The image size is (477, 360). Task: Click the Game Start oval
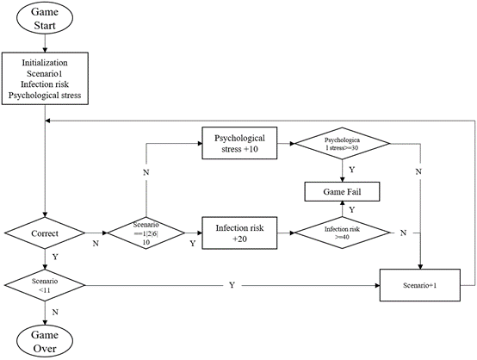[x=45, y=18]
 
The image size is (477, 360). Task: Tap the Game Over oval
[x=45, y=341]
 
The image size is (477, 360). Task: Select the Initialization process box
[x=45, y=78]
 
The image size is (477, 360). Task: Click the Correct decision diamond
[x=45, y=233]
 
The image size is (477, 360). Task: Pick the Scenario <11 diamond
[x=45, y=285]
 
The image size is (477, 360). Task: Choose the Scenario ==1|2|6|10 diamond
[x=146, y=233]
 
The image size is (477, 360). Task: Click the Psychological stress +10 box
[x=239, y=143]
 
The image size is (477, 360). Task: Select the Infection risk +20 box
[x=239, y=233]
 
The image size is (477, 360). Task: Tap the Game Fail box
[x=342, y=192]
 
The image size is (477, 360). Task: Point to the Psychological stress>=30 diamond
[x=342, y=143]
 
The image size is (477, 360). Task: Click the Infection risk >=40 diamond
[x=342, y=233]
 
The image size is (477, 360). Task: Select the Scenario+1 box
[x=420, y=285]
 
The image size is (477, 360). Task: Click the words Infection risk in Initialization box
[x=45, y=84]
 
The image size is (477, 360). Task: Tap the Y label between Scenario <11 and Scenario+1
[x=232, y=285]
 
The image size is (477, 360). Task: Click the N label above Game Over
[x=55, y=313]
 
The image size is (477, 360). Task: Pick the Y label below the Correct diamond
[x=55, y=258]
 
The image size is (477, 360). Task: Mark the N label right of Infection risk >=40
[x=403, y=233]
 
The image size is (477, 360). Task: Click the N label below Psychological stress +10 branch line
[x=146, y=172]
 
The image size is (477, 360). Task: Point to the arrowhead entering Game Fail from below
[x=342, y=203]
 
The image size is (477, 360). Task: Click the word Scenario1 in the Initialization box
[x=45, y=74]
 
